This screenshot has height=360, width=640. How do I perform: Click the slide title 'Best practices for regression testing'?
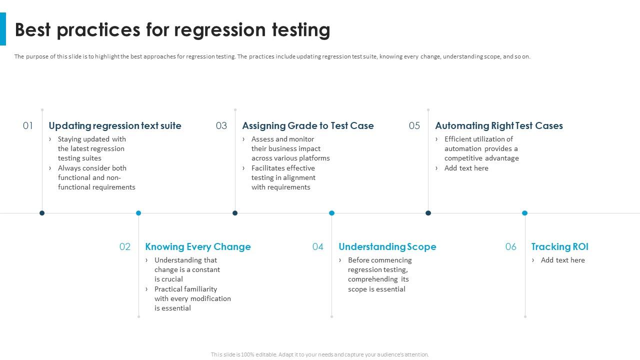[x=172, y=30]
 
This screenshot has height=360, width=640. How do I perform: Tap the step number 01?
[x=28, y=126]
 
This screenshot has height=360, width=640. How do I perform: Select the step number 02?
[x=125, y=247]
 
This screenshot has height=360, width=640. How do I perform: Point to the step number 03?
[x=221, y=126]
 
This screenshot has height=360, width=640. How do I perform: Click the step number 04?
[x=318, y=247]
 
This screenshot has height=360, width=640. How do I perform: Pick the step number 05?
[x=414, y=126]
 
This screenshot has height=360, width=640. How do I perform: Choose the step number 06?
[x=510, y=247]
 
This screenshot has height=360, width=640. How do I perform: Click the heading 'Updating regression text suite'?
[x=115, y=126]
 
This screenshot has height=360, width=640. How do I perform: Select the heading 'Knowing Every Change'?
[x=198, y=247]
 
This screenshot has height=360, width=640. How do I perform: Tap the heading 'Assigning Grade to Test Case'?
[x=308, y=126]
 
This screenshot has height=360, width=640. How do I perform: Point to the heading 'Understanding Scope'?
[x=387, y=247]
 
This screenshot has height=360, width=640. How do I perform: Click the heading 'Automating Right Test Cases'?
[x=499, y=126]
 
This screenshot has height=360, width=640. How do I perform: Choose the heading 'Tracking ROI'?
[x=560, y=247]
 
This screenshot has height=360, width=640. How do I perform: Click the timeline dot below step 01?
[x=42, y=213]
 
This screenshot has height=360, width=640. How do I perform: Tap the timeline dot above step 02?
[x=138, y=213]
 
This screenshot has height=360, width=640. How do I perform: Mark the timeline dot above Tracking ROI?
[x=524, y=213]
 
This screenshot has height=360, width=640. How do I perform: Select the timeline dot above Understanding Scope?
[x=331, y=213]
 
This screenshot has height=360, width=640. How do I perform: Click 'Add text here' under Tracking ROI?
[x=563, y=260]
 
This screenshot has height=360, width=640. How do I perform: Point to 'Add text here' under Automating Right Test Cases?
[x=466, y=168]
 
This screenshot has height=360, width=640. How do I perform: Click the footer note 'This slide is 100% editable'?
[x=320, y=354]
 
